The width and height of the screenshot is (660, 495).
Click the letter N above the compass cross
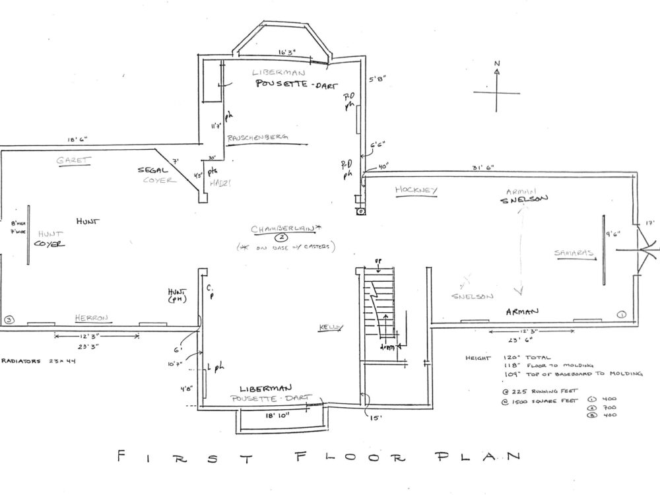pyautogui.click(x=498, y=64)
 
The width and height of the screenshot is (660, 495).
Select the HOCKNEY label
pyautogui.click(x=416, y=190)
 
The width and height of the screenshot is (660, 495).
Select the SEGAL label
pyautogui.click(x=151, y=170)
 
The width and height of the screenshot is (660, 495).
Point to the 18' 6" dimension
pyautogui.click(x=77, y=140)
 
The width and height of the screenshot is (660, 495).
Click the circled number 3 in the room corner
pyautogui.click(x=9, y=320)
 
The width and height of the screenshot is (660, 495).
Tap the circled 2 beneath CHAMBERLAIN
pyautogui.click(x=280, y=237)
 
